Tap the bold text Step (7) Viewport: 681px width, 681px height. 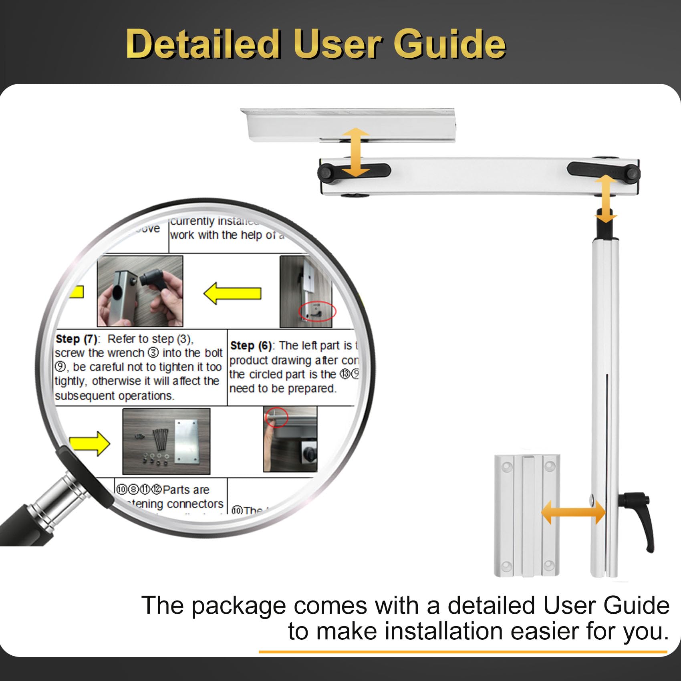click(77, 339)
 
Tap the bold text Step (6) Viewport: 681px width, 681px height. click(251, 345)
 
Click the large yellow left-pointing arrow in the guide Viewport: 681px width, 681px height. click(232, 293)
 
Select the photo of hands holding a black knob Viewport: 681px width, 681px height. click(140, 291)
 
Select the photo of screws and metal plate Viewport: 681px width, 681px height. click(166, 441)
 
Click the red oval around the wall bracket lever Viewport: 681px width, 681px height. click(318, 311)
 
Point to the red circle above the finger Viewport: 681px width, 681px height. click(276, 417)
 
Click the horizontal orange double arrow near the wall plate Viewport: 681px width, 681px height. click(573, 512)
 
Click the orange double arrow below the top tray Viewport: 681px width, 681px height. click(356, 152)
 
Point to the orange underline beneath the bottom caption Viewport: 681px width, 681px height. click(463, 652)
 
